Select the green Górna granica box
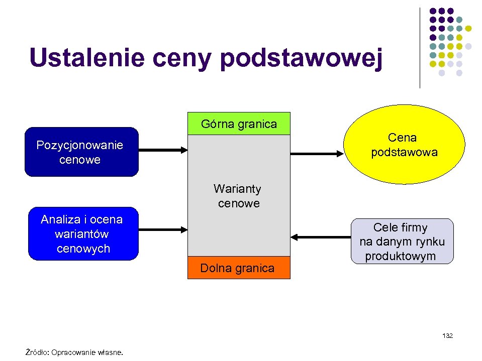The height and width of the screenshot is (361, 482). pos(239,124)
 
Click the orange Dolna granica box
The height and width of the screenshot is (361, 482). pos(239,268)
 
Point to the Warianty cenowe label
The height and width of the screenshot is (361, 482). pos(237,196)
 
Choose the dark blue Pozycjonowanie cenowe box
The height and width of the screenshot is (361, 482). pos(81,152)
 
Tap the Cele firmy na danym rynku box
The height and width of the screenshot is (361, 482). pos(402,242)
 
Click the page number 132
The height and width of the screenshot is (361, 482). pos(447,335)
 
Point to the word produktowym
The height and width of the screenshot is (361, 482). pos(401,256)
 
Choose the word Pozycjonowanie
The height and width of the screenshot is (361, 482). pos(79,146)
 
